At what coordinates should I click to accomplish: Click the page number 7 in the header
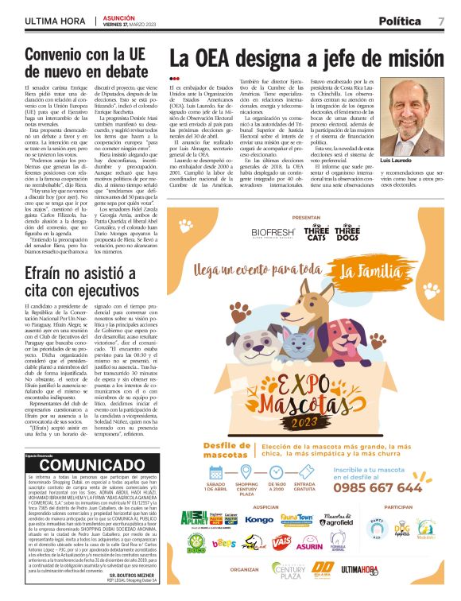pos(441,21)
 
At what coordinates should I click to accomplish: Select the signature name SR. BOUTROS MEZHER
pos(132,573)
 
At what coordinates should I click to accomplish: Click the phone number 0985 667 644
pos(385,487)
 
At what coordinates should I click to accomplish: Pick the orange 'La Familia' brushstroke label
pos(368,273)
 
